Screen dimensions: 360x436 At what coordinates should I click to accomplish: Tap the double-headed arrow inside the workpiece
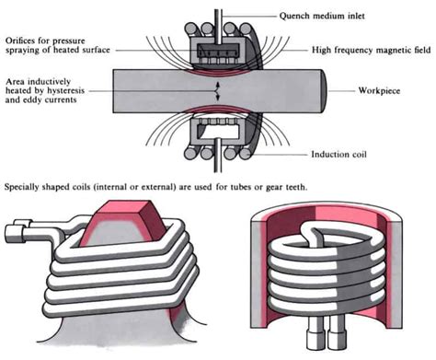pyautogui.click(x=217, y=91)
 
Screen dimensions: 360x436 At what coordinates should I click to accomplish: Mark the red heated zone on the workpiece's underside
pyautogui.click(x=217, y=111)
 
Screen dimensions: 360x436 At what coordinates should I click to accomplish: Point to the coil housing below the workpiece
pyautogui.click(x=218, y=138)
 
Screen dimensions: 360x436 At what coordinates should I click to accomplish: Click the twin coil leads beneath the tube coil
pyautogui.click(x=327, y=333)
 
